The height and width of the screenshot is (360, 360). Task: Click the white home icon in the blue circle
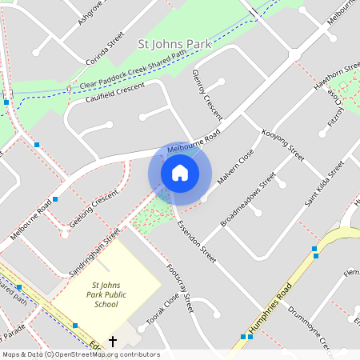(180, 173)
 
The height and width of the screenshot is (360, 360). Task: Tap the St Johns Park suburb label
(175, 44)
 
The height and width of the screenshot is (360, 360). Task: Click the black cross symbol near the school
(113, 342)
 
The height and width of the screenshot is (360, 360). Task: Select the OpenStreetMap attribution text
(81, 354)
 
